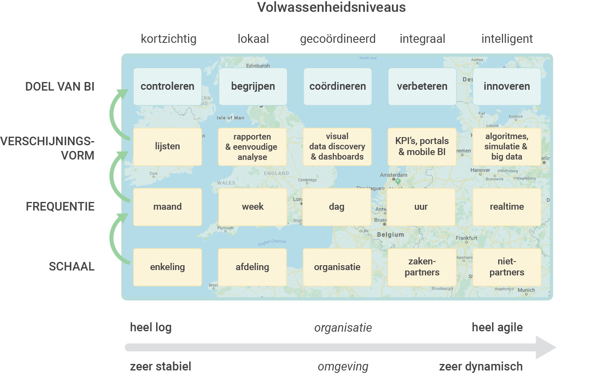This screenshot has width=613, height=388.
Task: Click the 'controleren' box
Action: (x=168, y=86)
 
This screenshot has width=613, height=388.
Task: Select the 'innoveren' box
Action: (x=507, y=86)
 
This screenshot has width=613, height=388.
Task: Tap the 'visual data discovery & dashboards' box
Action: (x=337, y=146)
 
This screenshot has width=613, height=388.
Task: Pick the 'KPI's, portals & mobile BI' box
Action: (x=422, y=146)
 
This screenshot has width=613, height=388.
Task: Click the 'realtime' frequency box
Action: (x=507, y=207)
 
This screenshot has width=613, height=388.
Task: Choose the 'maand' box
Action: (x=168, y=207)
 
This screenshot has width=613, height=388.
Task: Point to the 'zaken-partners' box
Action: (x=422, y=267)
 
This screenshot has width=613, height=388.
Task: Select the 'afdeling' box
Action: (x=252, y=267)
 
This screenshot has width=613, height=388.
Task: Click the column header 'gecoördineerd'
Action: (x=338, y=39)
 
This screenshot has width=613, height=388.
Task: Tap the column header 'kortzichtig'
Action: (x=168, y=39)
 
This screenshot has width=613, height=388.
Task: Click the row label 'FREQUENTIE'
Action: (x=60, y=207)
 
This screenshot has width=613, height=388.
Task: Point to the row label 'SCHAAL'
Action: (x=72, y=267)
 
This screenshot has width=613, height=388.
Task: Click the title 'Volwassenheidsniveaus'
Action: (x=331, y=7)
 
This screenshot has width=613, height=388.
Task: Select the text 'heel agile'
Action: (x=497, y=327)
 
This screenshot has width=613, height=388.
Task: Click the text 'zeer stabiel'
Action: (x=161, y=366)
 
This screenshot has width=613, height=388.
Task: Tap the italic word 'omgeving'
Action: (x=343, y=367)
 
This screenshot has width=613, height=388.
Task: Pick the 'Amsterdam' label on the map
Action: (x=394, y=175)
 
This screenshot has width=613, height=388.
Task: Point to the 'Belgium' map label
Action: (x=390, y=235)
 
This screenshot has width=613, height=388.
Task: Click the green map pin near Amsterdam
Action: (x=398, y=182)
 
